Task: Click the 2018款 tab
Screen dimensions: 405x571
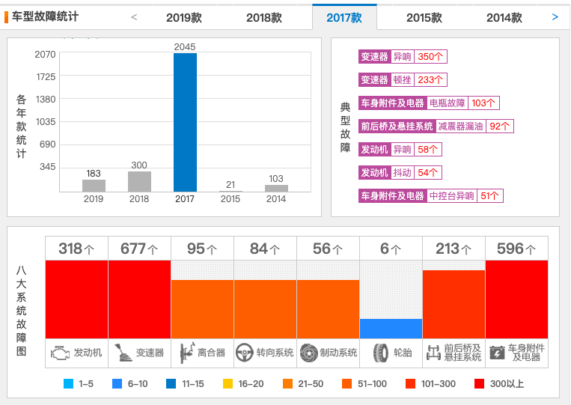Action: point(264,17)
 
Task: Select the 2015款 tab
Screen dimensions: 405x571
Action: point(424,17)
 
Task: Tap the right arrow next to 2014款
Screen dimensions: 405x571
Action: point(555,16)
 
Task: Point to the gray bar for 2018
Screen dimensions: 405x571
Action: point(139,182)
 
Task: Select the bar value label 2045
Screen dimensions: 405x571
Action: point(185,46)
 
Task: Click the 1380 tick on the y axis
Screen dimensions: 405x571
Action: point(46,99)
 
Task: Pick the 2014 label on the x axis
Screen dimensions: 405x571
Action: point(275,199)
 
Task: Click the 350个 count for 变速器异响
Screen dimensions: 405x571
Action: point(431,57)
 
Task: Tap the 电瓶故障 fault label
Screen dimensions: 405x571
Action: point(448,103)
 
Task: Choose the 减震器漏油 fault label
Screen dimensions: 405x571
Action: point(461,127)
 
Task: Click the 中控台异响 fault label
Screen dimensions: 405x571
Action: point(452,196)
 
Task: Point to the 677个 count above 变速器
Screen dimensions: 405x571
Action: point(139,249)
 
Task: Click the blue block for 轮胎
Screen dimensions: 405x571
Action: point(391,329)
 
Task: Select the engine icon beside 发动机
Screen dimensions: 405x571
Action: point(59,353)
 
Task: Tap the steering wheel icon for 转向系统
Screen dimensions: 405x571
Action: point(244,353)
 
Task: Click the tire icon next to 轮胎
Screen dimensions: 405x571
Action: point(380,353)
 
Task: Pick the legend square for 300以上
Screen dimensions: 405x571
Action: point(479,384)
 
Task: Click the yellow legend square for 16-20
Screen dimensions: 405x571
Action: point(228,384)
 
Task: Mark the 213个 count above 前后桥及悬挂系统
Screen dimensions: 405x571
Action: point(454,249)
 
